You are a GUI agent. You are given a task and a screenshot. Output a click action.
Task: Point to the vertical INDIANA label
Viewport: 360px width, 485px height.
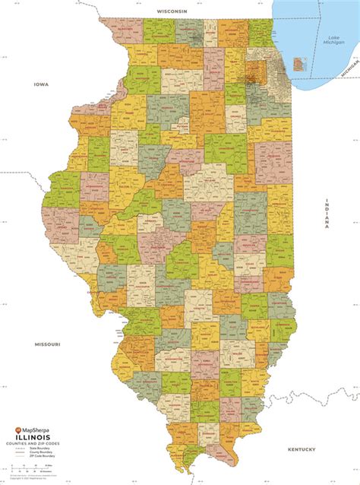point(327,212)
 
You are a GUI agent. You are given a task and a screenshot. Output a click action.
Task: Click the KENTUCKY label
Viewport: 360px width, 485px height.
point(301,449)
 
